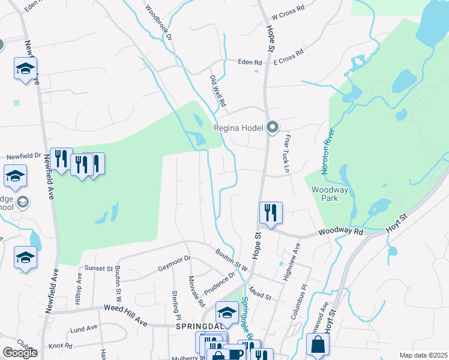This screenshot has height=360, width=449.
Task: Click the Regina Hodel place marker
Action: click(x=273, y=127)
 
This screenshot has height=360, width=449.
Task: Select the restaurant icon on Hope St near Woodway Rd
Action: click(x=271, y=212)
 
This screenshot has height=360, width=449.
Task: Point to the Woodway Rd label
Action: click(x=341, y=231)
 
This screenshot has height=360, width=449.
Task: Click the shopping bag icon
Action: click(x=318, y=345)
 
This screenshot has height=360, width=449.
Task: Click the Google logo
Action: click(x=20, y=353)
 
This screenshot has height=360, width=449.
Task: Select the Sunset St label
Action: click(x=98, y=268)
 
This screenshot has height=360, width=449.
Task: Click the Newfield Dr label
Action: click(x=23, y=157)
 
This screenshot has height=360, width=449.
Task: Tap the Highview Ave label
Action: click(x=295, y=256)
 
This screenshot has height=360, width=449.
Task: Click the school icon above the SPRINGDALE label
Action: click(x=227, y=312)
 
